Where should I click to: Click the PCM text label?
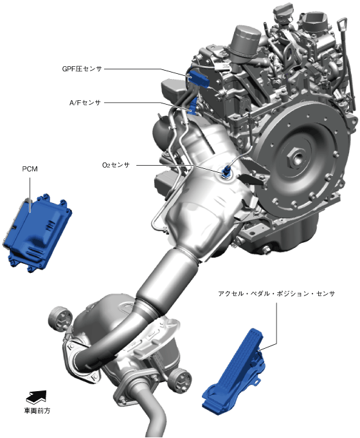click(30, 169)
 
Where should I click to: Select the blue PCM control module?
click(37, 232)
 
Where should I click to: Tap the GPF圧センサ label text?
click(82, 69)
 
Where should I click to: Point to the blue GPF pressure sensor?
click(198, 78)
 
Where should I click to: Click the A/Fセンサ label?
click(85, 103)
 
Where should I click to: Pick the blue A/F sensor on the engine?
click(193, 106)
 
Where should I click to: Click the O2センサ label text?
click(116, 165)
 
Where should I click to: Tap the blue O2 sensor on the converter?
click(225, 171)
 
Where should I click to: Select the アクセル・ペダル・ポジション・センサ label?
click(276, 293)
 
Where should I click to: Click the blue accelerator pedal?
click(235, 370)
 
